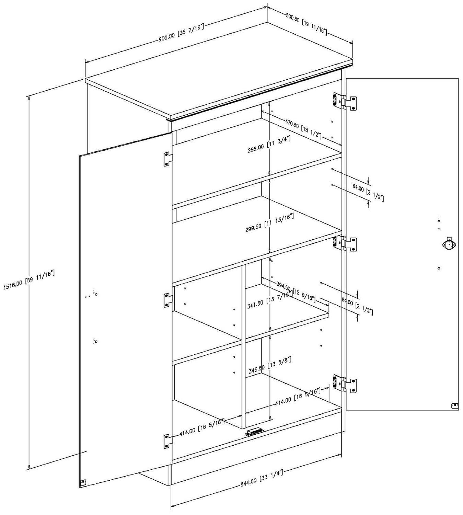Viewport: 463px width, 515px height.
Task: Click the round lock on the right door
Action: point(449,245)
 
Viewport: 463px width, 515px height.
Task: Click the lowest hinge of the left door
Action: point(167,441)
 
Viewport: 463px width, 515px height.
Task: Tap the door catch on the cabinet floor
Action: point(254,432)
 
